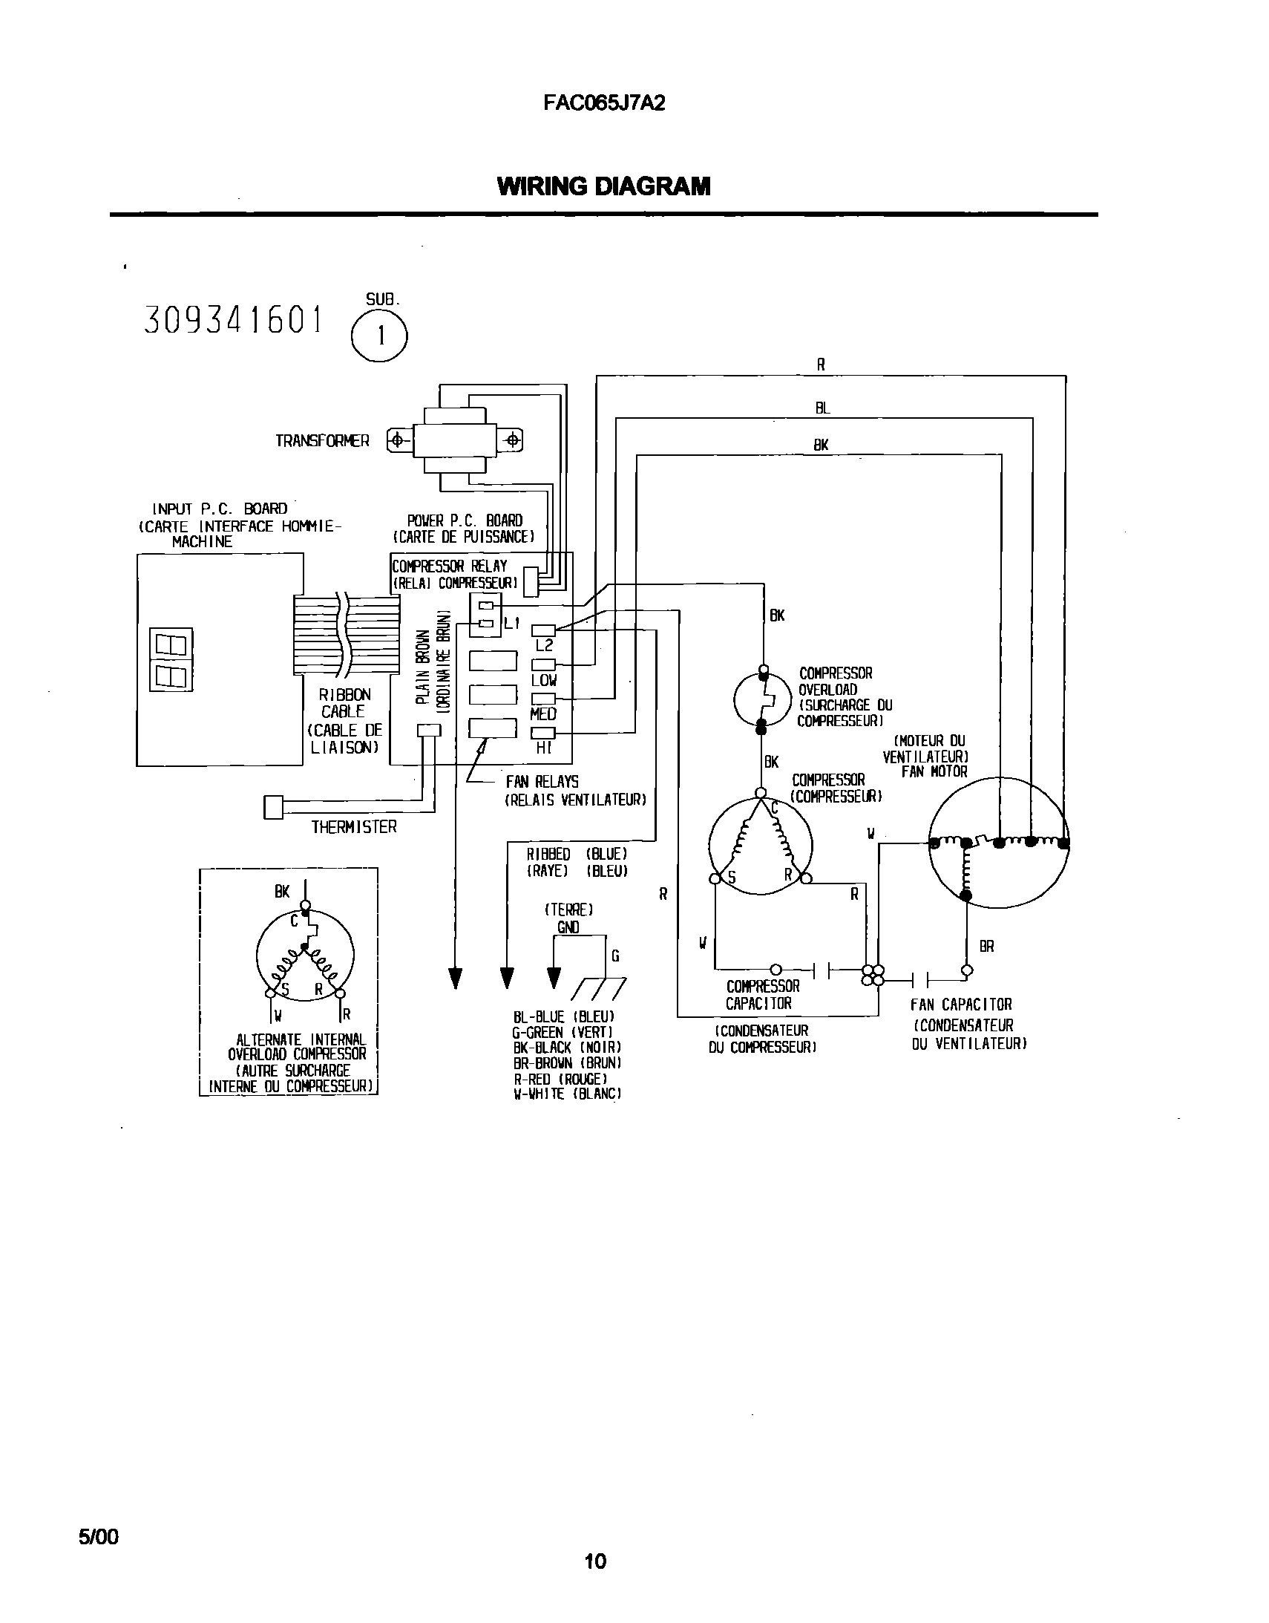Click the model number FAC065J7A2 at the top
(603, 103)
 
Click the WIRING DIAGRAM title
(603, 186)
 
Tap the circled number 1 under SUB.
(380, 336)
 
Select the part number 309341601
(233, 320)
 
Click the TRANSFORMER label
(322, 442)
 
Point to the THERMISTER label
(354, 827)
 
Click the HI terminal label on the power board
(543, 748)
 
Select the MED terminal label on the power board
(543, 714)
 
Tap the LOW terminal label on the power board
(544, 680)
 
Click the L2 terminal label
(544, 646)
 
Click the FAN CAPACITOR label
(962, 1005)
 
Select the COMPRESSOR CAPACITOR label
(762, 995)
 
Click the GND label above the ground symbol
(568, 927)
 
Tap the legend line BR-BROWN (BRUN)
(566, 1063)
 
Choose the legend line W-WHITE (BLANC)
(566, 1094)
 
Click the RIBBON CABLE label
(344, 703)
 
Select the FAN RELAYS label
(542, 782)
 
